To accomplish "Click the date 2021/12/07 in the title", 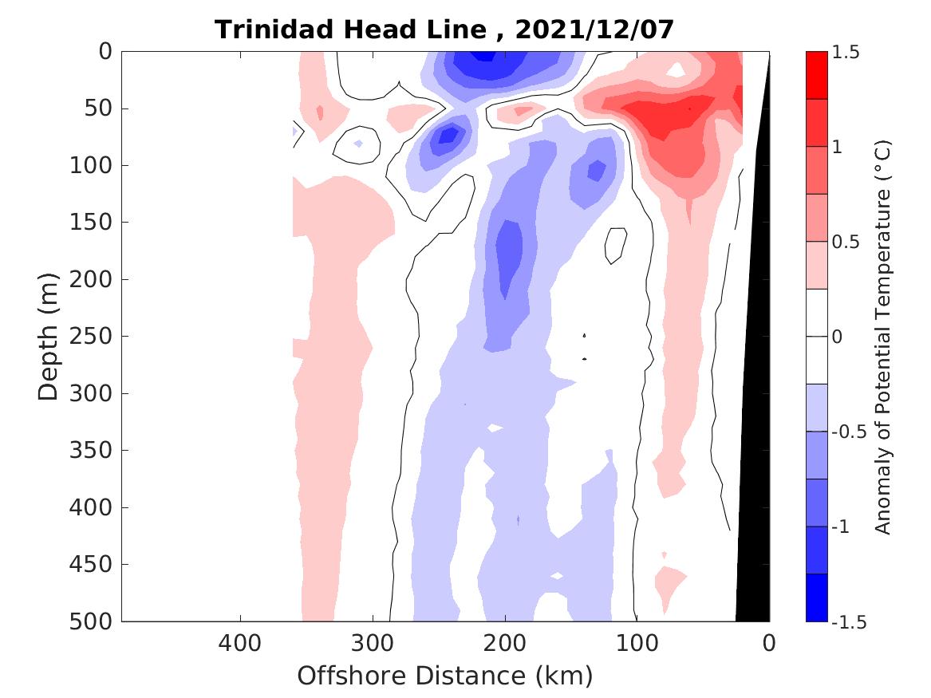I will (x=595, y=30).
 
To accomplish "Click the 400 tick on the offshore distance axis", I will (x=239, y=643).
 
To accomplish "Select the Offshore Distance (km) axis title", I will (x=445, y=676).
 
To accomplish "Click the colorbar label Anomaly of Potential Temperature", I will (x=882, y=337).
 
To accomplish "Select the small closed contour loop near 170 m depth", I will (x=614, y=245).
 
